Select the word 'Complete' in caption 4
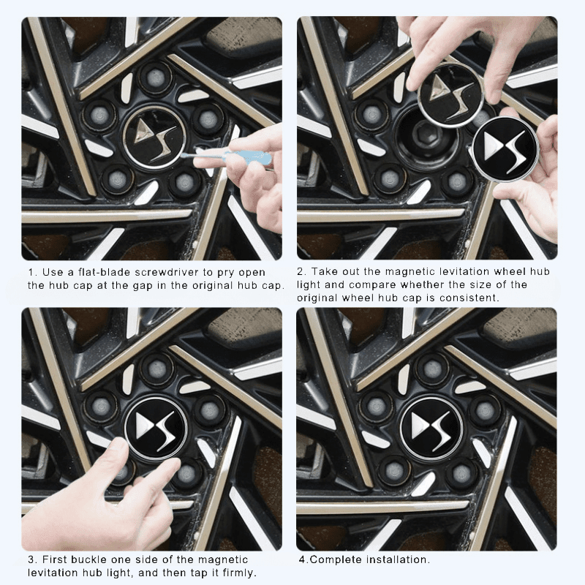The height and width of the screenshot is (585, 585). pyautogui.click(x=330, y=559)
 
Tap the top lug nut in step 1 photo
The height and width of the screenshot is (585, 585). pyautogui.click(x=156, y=75)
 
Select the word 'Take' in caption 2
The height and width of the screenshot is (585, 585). pyautogui.click(x=323, y=271)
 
